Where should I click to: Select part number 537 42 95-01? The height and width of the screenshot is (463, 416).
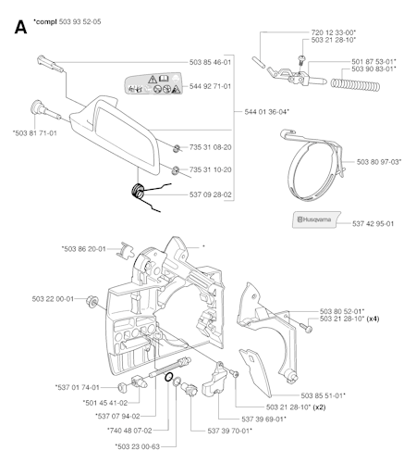373,222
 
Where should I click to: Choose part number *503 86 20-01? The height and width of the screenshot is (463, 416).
83,248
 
